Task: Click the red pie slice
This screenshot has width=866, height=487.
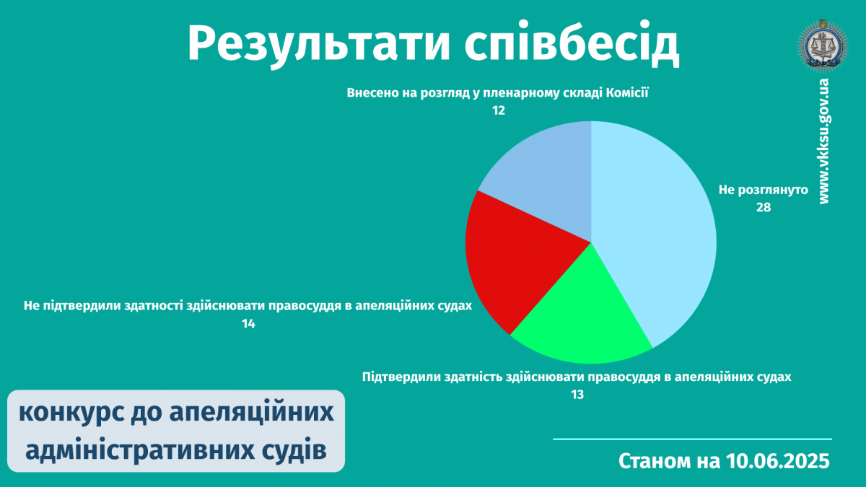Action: (518, 255)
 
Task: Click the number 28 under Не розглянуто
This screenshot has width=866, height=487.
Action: (764, 208)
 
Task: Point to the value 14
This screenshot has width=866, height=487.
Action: (248, 323)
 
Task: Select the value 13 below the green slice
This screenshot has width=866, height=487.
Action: (577, 395)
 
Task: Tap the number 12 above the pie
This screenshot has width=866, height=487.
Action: (499, 110)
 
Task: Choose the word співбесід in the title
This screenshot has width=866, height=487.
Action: (572, 43)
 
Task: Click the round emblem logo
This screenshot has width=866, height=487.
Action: (823, 46)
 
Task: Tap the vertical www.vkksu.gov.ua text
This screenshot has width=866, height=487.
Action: (823, 141)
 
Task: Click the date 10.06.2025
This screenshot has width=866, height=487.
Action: (777, 461)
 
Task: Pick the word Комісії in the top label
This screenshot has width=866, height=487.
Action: (626, 93)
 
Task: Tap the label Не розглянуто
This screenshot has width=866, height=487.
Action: (764, 190)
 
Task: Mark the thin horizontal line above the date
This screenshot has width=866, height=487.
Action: (692, 439)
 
